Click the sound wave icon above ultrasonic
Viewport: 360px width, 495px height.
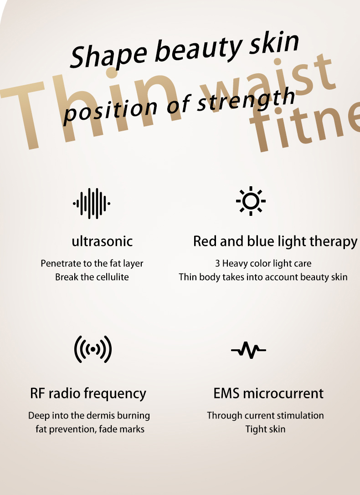[92, 203]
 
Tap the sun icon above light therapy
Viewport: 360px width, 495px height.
[251, 201]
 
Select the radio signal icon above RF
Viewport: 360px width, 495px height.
[93, 349]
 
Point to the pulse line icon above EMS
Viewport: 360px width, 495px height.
[248, 350]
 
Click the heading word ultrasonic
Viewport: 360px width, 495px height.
[102, 241]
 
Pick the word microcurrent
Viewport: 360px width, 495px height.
[283, 393]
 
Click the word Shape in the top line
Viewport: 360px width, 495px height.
[108, 55]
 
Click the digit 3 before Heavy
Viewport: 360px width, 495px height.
[217, 263]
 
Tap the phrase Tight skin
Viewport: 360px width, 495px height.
[265, 429]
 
